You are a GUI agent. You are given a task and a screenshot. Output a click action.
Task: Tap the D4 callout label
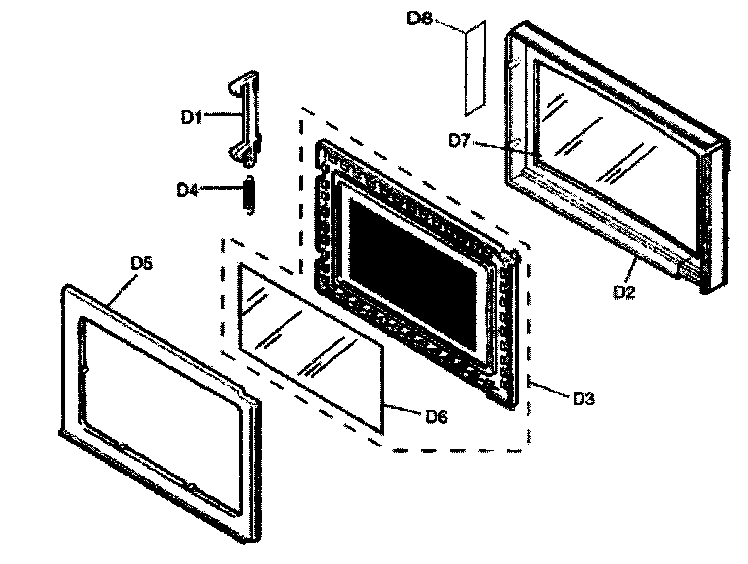[187, 191]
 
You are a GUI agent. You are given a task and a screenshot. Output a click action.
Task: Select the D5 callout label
[142, 263]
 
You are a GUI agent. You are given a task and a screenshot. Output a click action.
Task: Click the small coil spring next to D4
[249, 195]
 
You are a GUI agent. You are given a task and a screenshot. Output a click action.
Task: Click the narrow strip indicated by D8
[475, 68]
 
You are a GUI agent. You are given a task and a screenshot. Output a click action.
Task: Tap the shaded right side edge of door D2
[714, 221]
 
